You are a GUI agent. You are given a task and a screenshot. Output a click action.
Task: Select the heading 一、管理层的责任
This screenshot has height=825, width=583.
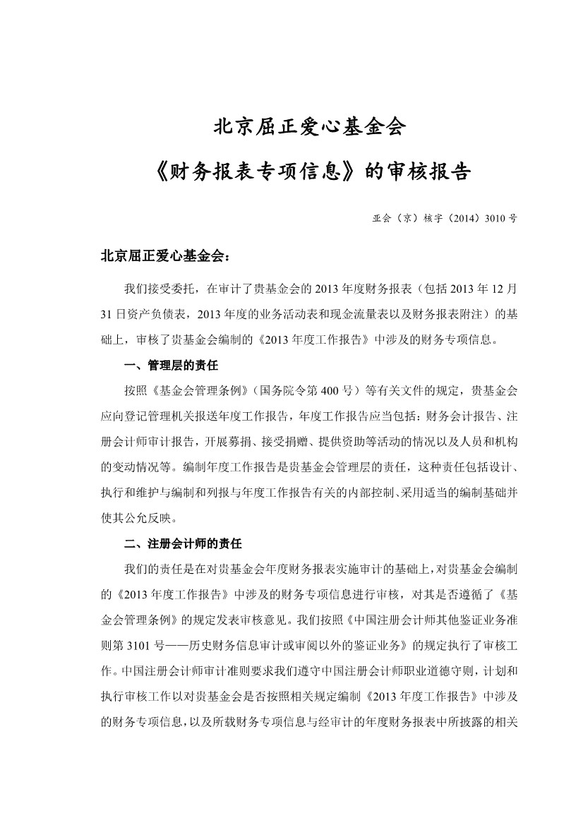click(172, 366)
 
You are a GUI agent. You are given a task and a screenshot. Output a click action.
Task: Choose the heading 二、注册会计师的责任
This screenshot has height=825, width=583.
click(183, 544)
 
